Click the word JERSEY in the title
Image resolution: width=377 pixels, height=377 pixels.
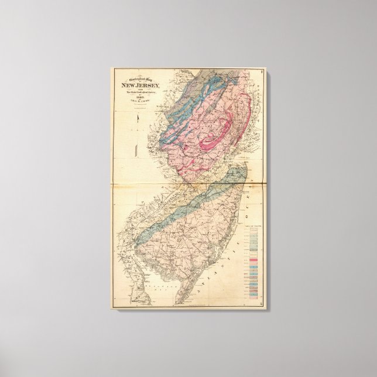coord(146,85)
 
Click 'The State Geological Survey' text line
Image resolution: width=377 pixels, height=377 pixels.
coord(138,92)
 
